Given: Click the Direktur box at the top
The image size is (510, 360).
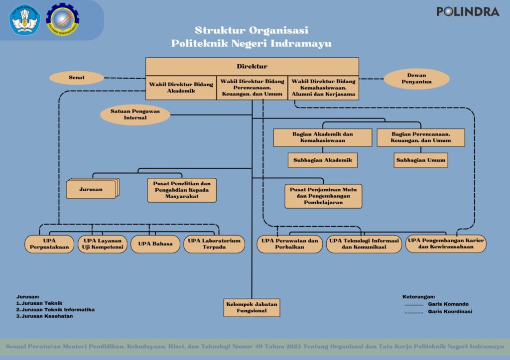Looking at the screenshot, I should pyautogui.click(x=252, y=66).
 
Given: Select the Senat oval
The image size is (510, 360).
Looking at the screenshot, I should pyautogui.click(x=76, y=78).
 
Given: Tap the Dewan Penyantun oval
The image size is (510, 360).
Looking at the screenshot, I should pyautogui.click(x=416, y=78).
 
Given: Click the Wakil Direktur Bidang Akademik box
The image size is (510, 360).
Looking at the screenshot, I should pyautogui.click(x=181, y=88).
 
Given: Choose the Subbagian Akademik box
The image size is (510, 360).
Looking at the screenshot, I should pyautogui.click(x=322, y=160).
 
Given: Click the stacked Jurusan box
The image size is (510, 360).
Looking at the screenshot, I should pyautogui.click(x=91, y=189).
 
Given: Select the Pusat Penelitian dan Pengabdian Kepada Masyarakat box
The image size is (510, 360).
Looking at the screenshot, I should pyautogui.click(x=182, y=190).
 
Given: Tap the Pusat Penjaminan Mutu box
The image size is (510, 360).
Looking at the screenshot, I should pyautogui.click(x=323, y=196).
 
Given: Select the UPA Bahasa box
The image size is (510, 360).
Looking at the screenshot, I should pyautogui.click(x=155, y=244).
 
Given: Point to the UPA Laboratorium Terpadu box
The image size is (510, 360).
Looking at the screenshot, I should pyautogui.click(x=214, y=243).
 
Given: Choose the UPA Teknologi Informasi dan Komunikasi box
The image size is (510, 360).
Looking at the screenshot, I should pyautogui.click(x=364, y=244).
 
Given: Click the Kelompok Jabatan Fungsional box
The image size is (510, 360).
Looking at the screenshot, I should pyautogui.click(x=252, y=307).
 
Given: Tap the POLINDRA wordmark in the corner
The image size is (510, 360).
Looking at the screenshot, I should pyautogui.click(x=467, y=11).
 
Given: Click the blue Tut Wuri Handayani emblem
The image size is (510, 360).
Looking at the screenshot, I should pyautogui.click(x=24, y=19).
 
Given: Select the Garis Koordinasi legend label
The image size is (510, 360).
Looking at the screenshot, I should pyautogui.click(x=450, y=312).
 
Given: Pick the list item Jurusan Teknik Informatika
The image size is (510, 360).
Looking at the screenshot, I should pyautogui.click(x=57, y=309).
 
